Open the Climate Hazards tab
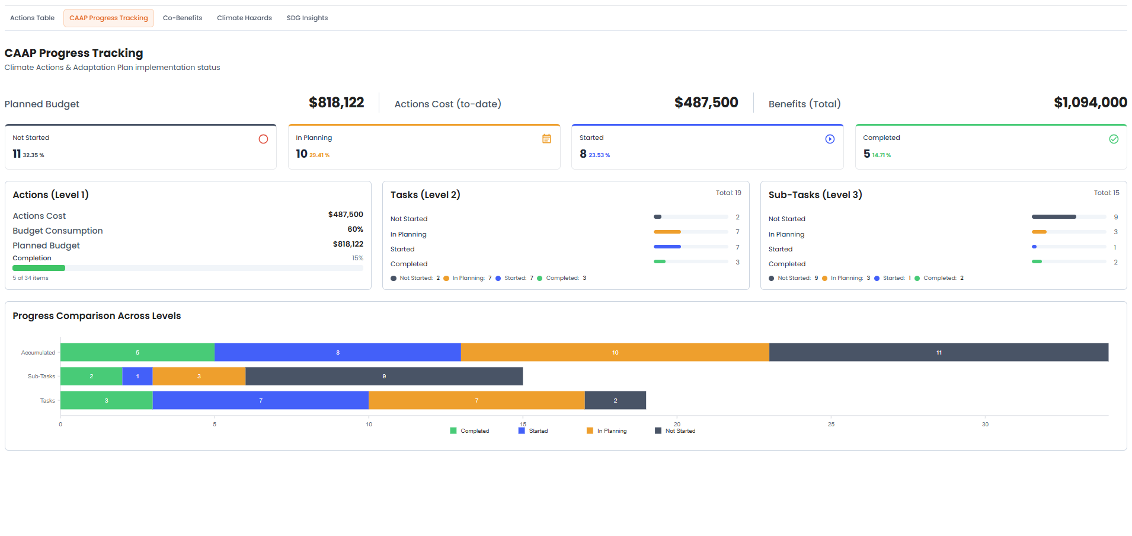pyautogui.click(x=244, y=18)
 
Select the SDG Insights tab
pyautogui.click(x=307, y=18)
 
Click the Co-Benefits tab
pyautogui.click(x=183, y=18)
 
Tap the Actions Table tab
pyautogui.click(x=32, y=18)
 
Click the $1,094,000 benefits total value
pyautogui.click(x=1090, y=103)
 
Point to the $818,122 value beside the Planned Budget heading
pyautogui.click(x=336, y=103)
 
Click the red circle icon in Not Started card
pyautogui.click(x=263, y=139)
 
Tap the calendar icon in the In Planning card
pyautogui.click(x=546, y=139)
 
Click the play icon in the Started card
pyautogui.click(x=830, y=139)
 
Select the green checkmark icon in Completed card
pyautogui.click(x=1114, y=139)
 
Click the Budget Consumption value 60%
pyautogui.click(x=355, y=229)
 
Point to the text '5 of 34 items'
pyautogui.click(x=31, y=278)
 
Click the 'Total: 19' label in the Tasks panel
pyautogui.click(x=728, y=193)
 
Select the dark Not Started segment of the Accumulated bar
pyautogui.click(x=938, y=352)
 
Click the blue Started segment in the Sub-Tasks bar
pyautogui.click(x=137, y=377)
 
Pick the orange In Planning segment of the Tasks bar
pyautogui.click(x=477, y=400)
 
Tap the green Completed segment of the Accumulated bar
pyautogui.click(x=137, y=352)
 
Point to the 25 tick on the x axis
pyautogui.click(x=831, y=425)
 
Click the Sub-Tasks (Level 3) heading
pyautogui.click(x=815, y=195)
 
